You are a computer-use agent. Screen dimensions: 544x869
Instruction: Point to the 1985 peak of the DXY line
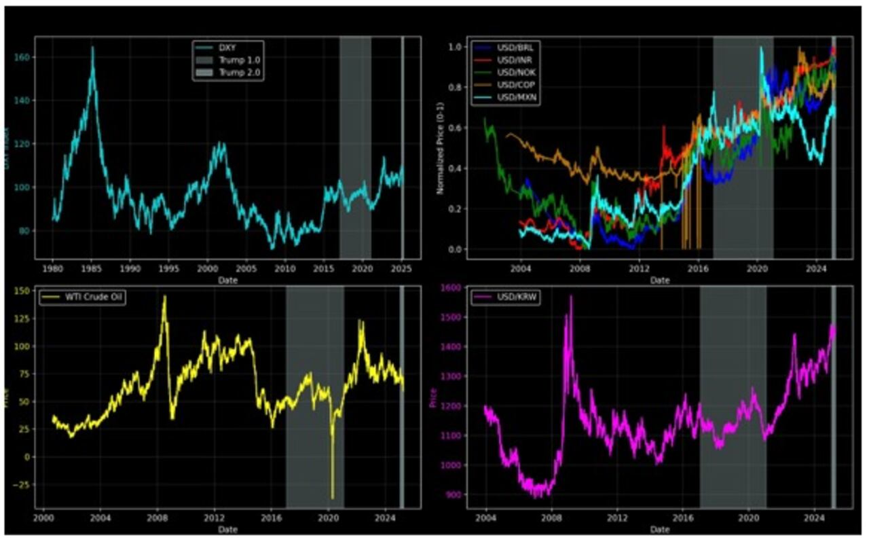pyautogui.click(x=92, y=48)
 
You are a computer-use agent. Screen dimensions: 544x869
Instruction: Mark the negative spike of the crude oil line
pyautogui.click(x=333, y=498)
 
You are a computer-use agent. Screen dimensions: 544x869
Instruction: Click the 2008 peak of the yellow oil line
pyautogui.click(x=164, y=297)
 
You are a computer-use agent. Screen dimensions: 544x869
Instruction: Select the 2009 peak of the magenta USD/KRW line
pyautogui.click(x=571, y=296)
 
